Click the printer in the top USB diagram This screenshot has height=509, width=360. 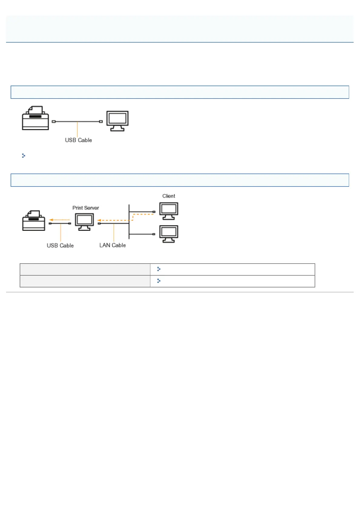coord(35,118)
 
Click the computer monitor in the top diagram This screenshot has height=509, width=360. coord(117,121)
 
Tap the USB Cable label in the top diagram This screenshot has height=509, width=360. coord(78,140)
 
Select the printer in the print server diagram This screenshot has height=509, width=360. coord(34,221)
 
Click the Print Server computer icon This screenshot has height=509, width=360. coord(84,222)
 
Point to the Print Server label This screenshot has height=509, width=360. coord(86,208)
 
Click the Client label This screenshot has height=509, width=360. coord(169,196)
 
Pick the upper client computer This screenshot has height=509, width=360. coord(169,211)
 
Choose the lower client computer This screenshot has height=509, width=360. coord(169,234)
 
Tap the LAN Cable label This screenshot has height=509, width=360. coord(113,245)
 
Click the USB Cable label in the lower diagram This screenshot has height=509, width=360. coord(60,246)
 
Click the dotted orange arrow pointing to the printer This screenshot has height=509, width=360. coord(60,220)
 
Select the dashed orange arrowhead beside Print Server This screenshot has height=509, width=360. coord(99,220)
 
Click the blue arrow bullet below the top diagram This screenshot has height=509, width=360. coord(24,156)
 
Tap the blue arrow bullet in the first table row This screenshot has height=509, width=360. coord(159,269)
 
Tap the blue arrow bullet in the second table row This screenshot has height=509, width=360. coord(159,281)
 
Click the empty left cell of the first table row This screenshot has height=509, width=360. coord(85,269)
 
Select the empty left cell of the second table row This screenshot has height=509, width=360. coord(85,281)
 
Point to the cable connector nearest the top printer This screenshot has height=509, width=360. coord(54,122)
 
